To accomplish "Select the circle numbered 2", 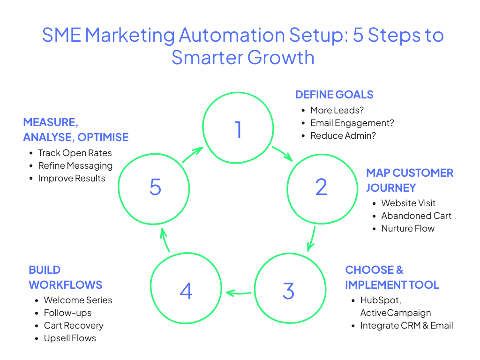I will tap(322, 187).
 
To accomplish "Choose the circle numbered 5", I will tap(155, 187).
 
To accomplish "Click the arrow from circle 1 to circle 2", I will tap(282, 154).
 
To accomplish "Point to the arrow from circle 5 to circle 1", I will tap(193, 155).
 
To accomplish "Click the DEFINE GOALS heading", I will tap(334, 95).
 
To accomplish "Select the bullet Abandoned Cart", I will tap(416, 216).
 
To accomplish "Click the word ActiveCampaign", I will tap(396, 313).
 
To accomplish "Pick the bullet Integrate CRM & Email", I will tap(406, 325).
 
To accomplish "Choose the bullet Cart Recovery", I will tap(74, 325).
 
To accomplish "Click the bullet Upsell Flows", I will tap(70, 338).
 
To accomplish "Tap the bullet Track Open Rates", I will tap(75, 153).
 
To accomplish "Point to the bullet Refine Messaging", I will tap(75, 165).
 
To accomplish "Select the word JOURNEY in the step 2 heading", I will tap(391, 188).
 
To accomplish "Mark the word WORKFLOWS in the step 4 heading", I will tap(65, 285).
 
